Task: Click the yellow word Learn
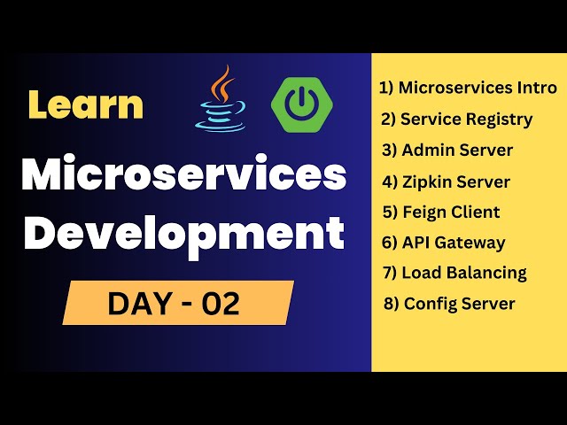[85, 104]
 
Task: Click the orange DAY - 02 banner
[177, 303]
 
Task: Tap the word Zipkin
[426, 182]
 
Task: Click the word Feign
[424, 212]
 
